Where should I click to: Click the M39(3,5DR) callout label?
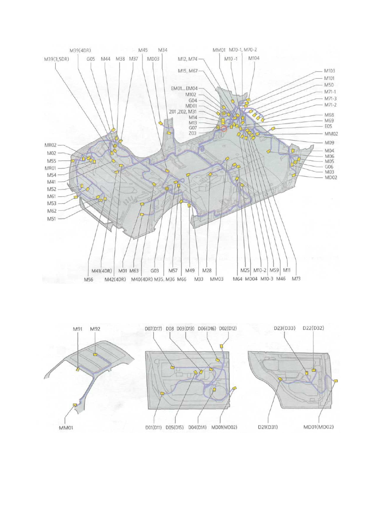pos(56,59)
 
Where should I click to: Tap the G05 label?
pos(91,59)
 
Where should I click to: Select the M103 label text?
pos(329,71)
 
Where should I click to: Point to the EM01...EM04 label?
pos(184,89)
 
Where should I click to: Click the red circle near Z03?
pos(224,129)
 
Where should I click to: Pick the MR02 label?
pos(50,145)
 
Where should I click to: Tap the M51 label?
pos(51,219)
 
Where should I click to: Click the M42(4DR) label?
pos(115,279)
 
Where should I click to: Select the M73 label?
pos(296,279)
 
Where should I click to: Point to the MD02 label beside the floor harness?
pos(331,178)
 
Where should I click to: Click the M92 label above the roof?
pos(95,329)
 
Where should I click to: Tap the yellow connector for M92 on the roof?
pos(95,355)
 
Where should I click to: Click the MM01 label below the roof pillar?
pos(66,428)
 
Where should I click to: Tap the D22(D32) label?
pos(313,328)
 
